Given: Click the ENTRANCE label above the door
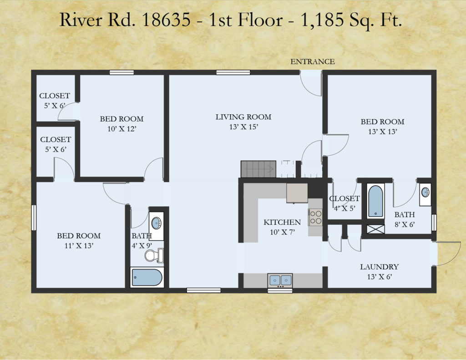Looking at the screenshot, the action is pos(312,61).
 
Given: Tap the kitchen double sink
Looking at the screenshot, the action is pos(280,280).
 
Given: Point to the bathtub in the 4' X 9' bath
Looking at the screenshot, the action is pos(147,277).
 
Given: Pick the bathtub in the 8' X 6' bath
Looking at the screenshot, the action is pos(375,201).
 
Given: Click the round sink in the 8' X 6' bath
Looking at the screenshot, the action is pos(425,193).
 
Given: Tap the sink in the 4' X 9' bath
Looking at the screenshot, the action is pos(156,223).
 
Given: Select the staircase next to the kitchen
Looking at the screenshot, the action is pos(258,169).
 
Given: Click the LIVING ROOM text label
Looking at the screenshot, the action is pos(243,117).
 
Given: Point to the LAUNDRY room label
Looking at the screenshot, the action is pos(379,267).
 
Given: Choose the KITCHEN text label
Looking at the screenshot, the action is pos(282,223).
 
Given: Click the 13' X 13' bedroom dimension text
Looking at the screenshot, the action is pos(382,132).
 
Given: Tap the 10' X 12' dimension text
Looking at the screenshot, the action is pos(122,129).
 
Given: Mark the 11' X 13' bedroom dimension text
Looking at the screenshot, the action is pos(79,246).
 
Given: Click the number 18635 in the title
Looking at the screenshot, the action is pos(167,20).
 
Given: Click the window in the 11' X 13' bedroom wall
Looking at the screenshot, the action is pos(34,218).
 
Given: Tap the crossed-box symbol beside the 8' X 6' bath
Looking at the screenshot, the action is pos(375,229).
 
